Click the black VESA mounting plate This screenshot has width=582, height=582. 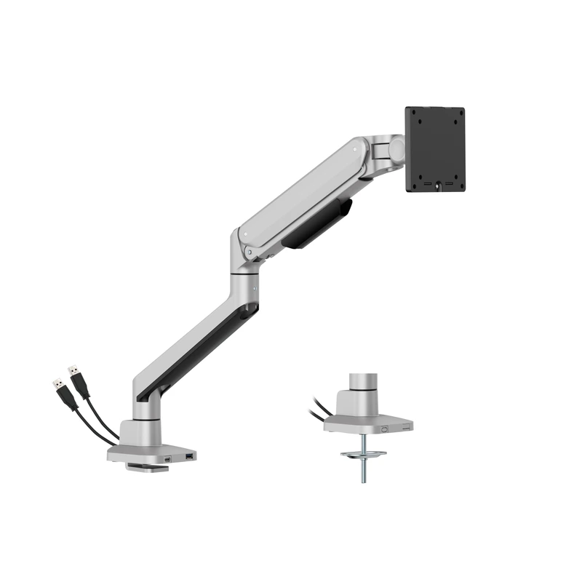click(434, 149)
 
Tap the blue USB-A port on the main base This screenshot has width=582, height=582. click(191, 457)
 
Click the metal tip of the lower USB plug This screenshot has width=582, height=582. click(56, 383)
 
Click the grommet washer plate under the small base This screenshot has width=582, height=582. click(364, 455)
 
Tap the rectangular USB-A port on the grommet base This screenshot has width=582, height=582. click(404, 428)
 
